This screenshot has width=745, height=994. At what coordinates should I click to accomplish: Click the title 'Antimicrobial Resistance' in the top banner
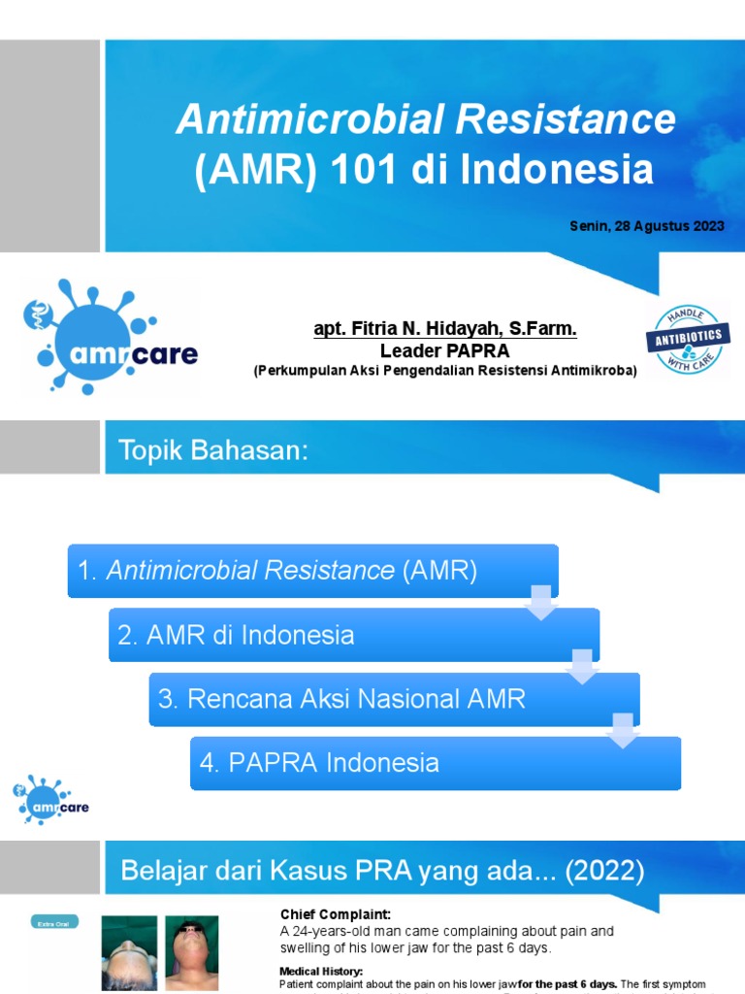coord(425,120)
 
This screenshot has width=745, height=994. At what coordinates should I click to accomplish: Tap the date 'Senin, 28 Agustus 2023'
coord(647,226)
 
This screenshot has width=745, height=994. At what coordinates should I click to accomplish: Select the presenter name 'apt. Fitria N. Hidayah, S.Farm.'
coord(445,330)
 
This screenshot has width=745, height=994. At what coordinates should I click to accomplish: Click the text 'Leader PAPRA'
coord(445,350)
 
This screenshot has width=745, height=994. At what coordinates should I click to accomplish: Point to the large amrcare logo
coord(109,338)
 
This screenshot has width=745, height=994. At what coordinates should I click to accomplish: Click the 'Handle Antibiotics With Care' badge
coord(688,339)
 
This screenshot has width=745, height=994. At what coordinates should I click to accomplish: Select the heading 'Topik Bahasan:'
coord(213,449)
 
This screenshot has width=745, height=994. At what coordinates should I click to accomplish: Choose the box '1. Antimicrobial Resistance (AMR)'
coord(312,571)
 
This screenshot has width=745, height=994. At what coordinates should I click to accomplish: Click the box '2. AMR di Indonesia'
coord(354,635)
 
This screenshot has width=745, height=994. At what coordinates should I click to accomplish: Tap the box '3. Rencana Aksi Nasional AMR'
coord(394,699)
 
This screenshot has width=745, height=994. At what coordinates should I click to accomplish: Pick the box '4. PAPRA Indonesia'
coord(435,763)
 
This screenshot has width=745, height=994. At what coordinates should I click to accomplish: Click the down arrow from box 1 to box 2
coord(539,601)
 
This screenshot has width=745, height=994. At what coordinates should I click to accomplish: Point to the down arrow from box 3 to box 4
coord(622,730)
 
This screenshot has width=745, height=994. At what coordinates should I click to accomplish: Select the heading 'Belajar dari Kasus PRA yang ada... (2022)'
coord(382,871)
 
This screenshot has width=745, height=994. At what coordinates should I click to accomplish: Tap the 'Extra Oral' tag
coord(54,922)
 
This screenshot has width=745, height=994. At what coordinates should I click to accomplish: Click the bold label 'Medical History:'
coord(321,971)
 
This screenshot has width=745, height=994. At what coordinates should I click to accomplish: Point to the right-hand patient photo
coord(191,952)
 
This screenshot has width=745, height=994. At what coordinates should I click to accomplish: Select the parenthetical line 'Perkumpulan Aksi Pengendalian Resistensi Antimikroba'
coord(445,370)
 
